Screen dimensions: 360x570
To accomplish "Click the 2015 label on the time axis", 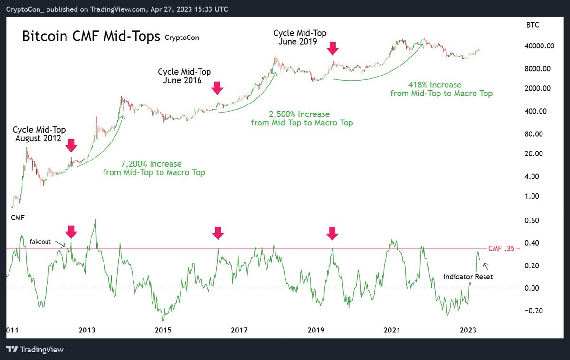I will click(162, 330).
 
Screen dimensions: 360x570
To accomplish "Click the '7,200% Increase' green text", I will click(154, 163).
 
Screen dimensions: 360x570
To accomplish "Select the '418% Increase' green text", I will click(441, 85).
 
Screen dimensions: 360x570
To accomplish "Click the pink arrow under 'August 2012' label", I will click(71, 145).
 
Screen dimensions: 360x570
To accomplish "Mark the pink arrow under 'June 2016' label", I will click(218, 88).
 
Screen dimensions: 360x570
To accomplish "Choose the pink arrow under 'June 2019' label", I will click(332, 47).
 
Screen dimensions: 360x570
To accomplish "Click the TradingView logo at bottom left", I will click(36, 350).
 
